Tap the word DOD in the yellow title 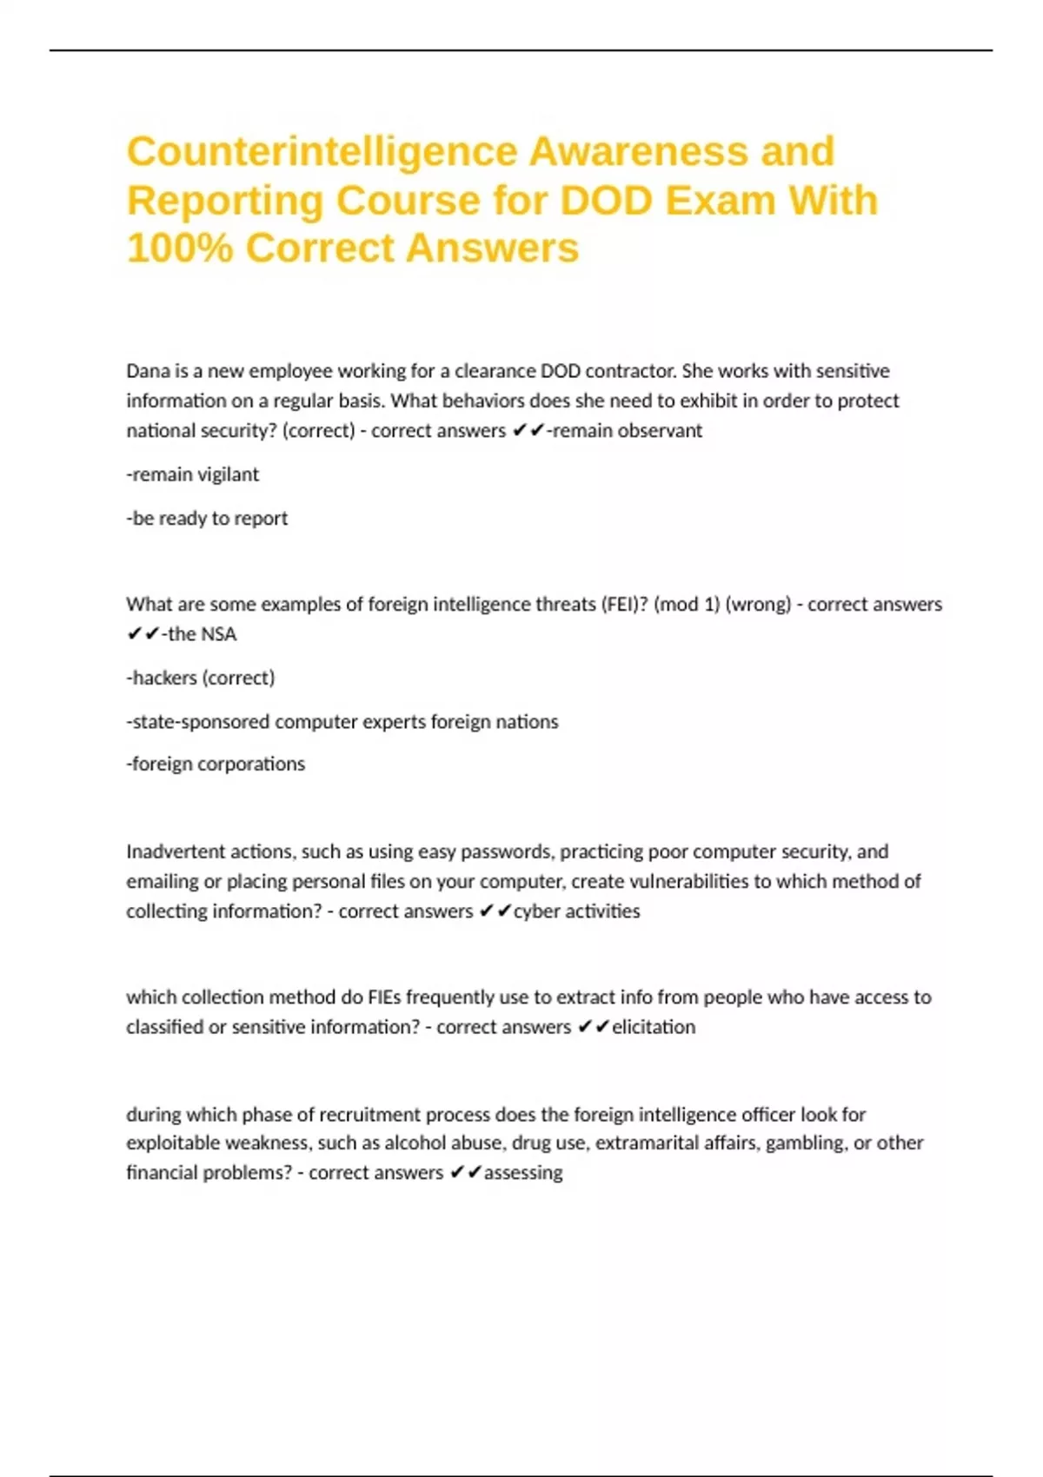click(x=606, y=201)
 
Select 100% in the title click(x=180, y=248)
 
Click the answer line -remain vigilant click(x=193, y=474)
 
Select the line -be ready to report click(x=207, y=518)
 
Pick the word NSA click(x=218, y=634)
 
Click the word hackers click(x=164, y=678)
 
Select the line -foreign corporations click(x=216, y=764)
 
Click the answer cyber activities click(x=576, y=911)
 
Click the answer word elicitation click(x=654, y=1027)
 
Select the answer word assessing click(x=523, y=1173)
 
